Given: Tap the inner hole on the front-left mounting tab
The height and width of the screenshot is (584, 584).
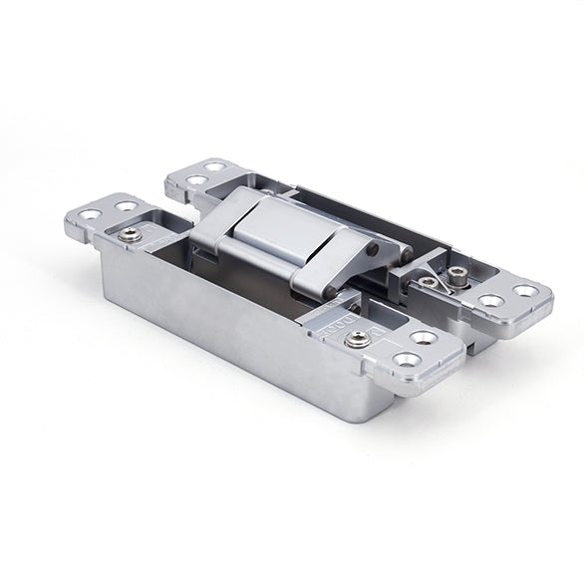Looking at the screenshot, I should (125, 206).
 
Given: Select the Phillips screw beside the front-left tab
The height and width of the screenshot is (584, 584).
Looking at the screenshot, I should (130, 234).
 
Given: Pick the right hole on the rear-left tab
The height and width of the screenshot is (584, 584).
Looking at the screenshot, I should (214, 166).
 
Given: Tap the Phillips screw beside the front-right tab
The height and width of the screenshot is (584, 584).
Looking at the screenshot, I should (357, 340).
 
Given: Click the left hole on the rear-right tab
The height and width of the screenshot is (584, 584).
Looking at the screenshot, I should (490, 300).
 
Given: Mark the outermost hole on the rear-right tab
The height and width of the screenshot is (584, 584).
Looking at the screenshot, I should (524, 291).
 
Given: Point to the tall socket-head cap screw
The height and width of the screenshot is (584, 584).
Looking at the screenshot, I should (458, 276).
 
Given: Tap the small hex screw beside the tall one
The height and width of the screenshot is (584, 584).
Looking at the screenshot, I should (428, 282).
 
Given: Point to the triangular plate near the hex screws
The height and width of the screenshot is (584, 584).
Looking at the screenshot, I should (429, 264).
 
